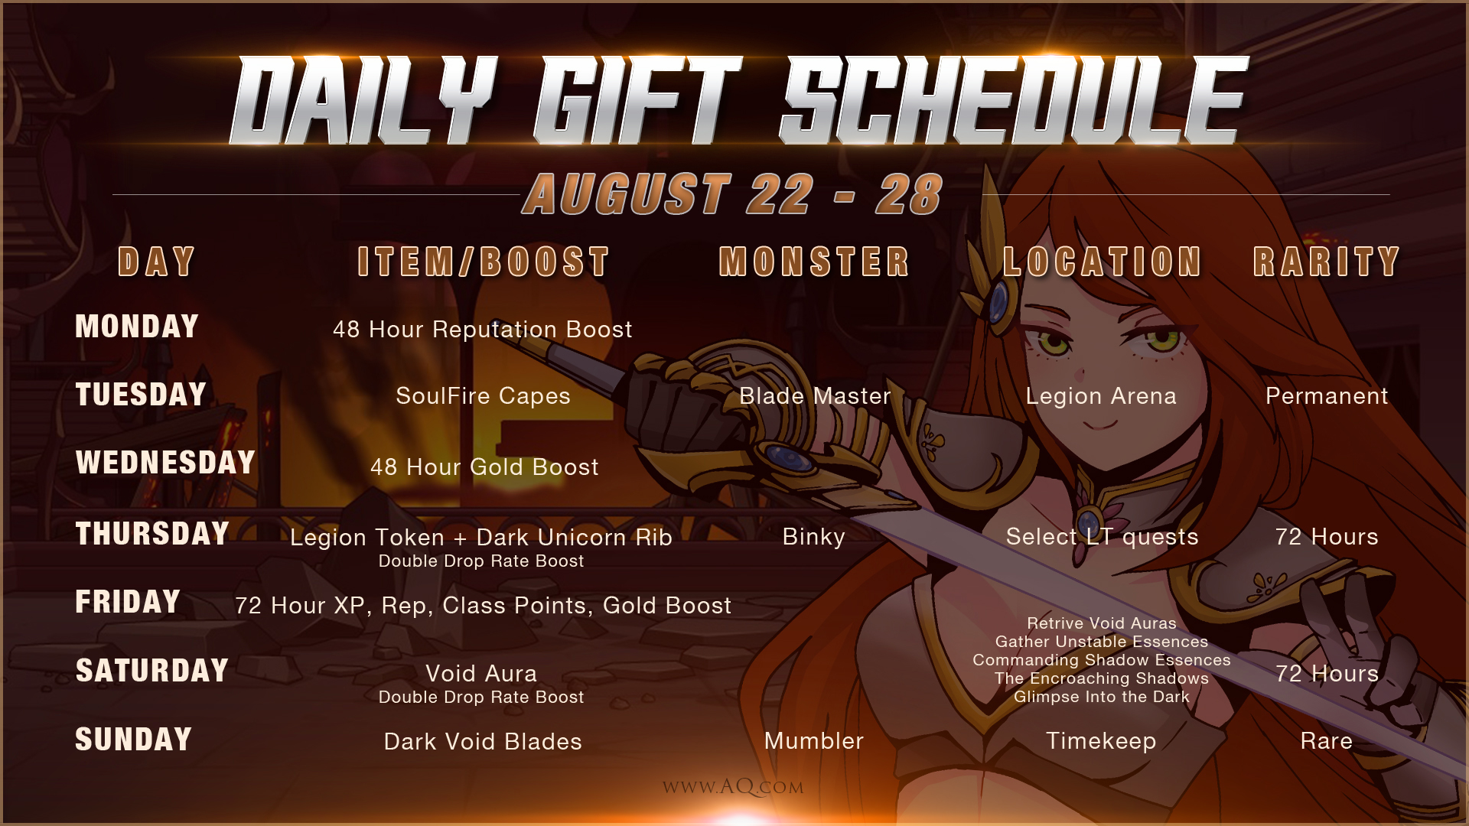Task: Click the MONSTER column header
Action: tap(814, 262)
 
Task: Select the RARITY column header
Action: tap(1327, 262)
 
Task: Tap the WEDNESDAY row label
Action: tap(165, 463)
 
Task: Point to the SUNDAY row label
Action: tap(133, 740)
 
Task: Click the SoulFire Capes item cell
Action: tap(483, 396)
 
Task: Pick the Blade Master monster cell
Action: tap(815, 396)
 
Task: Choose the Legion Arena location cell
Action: tap(1101, 396)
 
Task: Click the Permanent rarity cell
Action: tap(1327, 396)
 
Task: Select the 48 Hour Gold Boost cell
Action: tap(484, 467)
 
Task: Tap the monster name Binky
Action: tap(814, 537)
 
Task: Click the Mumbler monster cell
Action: tap(814, 741)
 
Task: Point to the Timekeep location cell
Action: tap(1101, 741)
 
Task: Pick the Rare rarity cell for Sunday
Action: tap(1327, 741)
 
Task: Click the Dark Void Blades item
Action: tap(483, 742)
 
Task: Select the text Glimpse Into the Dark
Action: tap(1102, 697)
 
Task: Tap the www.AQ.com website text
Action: tap(733, 787)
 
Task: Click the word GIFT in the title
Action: tap(637, 101)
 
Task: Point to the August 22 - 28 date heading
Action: tap(733, 193)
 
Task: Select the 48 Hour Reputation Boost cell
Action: tap(483, 330)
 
